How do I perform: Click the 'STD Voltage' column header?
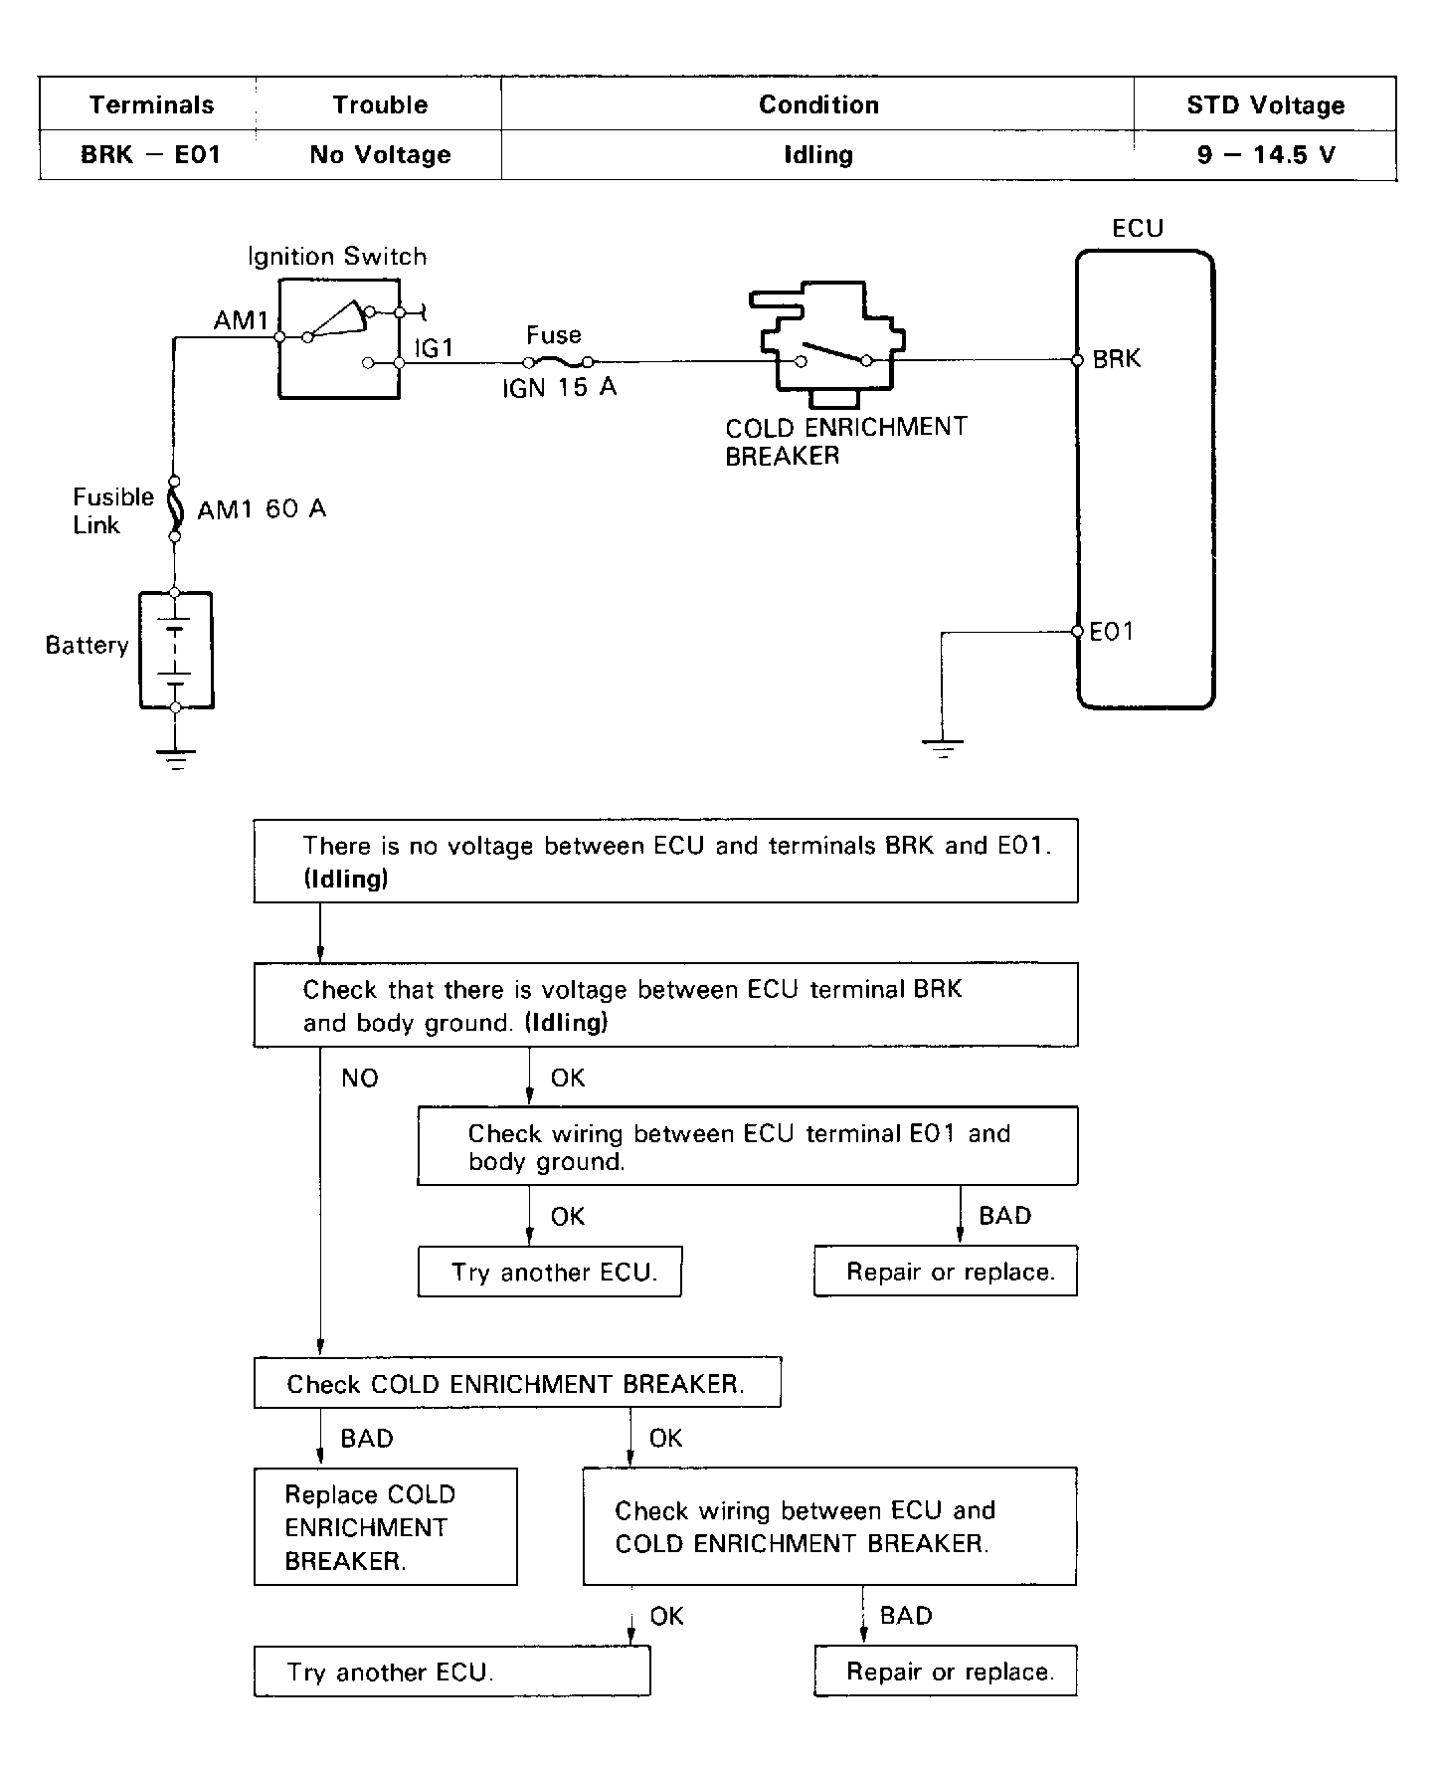[x=1265, y=104]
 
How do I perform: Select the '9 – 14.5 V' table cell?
[x=1265, y=155]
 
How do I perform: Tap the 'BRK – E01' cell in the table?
[x=150, y=155]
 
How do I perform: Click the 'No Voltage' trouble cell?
[x=380, y=155]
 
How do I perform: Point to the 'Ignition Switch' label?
[x=337, y=257]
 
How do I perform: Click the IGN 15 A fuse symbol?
[x=558, y=362]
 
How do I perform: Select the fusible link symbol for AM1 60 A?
[x=176, y=508]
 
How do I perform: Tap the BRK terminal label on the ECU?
[x=1117, y=359]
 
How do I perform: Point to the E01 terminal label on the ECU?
[x=1112, y=631]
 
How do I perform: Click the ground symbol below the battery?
[x=176, y=759]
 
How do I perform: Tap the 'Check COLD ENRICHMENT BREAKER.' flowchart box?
[x=516, y=1383]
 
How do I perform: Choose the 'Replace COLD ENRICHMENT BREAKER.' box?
[x=385, y=1526]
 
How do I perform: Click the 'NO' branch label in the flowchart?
[x=359, y=1079]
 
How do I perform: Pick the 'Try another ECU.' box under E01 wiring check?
[x=550, y=1272]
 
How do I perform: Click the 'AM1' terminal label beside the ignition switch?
[x=242, y=320]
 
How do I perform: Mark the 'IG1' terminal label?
[x=434, y=347]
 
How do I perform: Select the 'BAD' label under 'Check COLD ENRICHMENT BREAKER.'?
[x=366, y=1439]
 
